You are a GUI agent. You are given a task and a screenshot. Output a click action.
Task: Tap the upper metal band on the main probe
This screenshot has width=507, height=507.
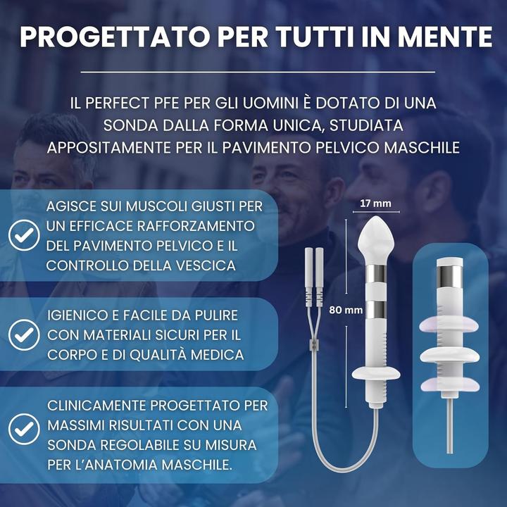(378, 273)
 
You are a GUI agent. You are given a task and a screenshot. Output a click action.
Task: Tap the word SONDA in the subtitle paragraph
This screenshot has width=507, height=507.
(132, 125)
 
